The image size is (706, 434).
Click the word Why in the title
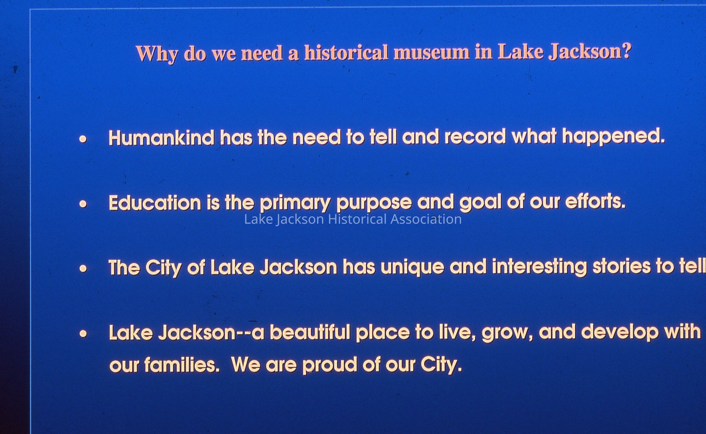(x=157, y=54)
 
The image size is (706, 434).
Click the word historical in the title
(x=346, y=53)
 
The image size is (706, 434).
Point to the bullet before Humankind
(x=83, y=139)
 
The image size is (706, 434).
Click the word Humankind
(x=161, y=138)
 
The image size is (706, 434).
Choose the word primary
(x=295, y=203)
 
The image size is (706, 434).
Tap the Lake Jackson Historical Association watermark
(x=353, y=219)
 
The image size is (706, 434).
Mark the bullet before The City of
(x=83, y=268)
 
